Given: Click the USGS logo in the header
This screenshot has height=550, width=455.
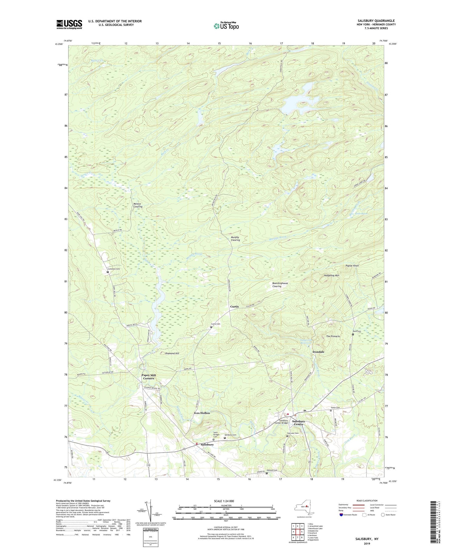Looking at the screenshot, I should pyautogui.click(x=69, y=24).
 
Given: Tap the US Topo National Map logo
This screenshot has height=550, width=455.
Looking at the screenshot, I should pyautogui.click(x=226, y=26).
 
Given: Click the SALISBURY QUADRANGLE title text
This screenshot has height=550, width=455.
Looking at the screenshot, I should pyautogui.click(x=376, y=21).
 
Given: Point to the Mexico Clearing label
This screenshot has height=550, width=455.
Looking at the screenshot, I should pyautogui.click(x=138, y=205).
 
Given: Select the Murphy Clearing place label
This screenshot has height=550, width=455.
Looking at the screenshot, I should pyautogui.click(x=235, y=238).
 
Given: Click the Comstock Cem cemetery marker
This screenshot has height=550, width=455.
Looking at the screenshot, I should pyautogui.click(x=108, y=272).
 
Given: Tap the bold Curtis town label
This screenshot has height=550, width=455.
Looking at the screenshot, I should pyautogui.click(x=234, y=306).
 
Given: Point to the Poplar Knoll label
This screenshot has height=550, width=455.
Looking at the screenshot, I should pyautogui.click(x=352, y=265).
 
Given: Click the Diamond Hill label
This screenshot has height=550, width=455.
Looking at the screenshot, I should pyautogui.click(x=172, y=353).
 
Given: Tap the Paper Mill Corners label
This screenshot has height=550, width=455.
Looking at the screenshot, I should pyautogui.click(x=148, y=376).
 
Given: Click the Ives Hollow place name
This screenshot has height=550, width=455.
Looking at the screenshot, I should pyautogui.click(x=202, y=413).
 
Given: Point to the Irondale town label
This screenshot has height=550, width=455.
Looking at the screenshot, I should pyautogui.click(x=318, y=352).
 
